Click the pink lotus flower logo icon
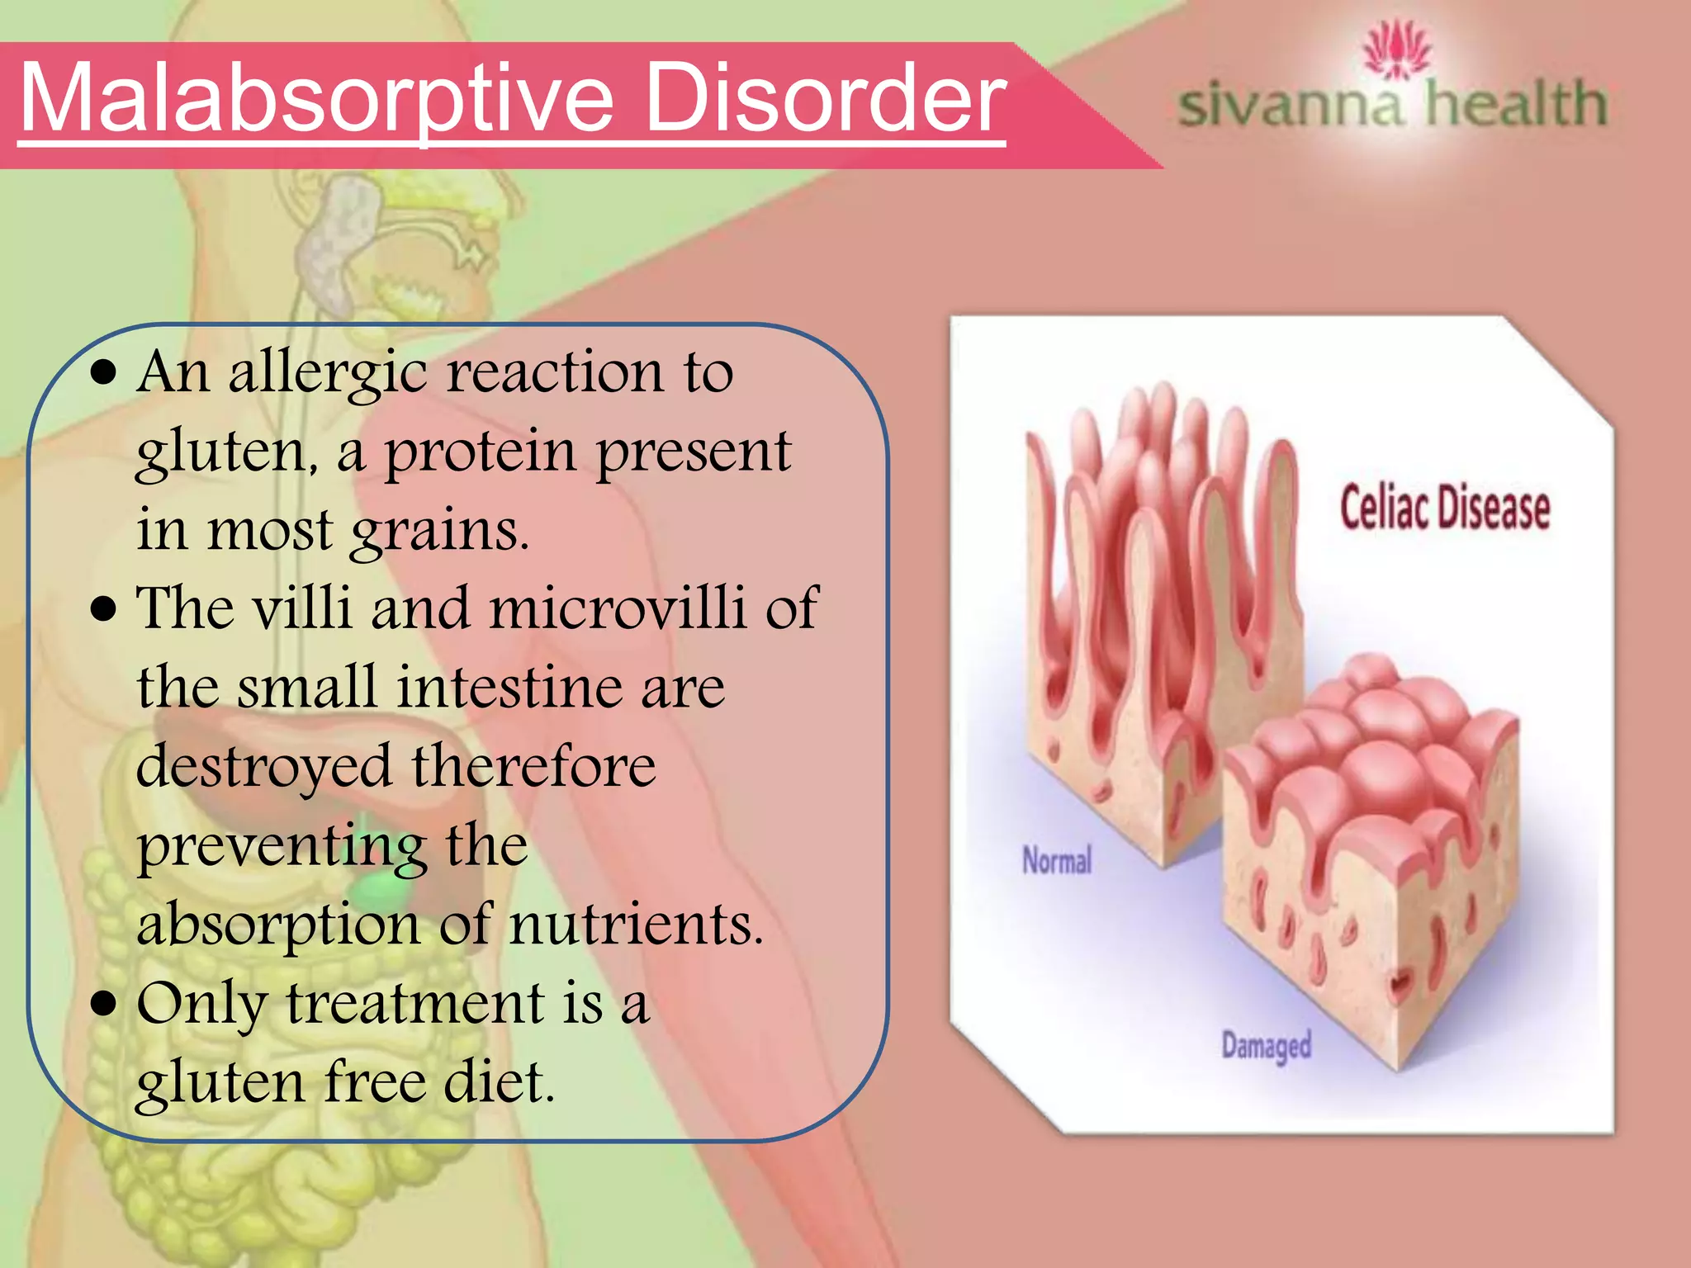coord(1395,50)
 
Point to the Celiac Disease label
coord(1444,507)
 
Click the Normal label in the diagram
coord(1057,860)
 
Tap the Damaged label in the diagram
coord(1266,1046)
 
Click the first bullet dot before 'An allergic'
coord(104,373)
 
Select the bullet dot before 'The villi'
coord(104,609)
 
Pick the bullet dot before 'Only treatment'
coord(104,1005)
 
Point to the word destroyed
coord(263,765)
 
